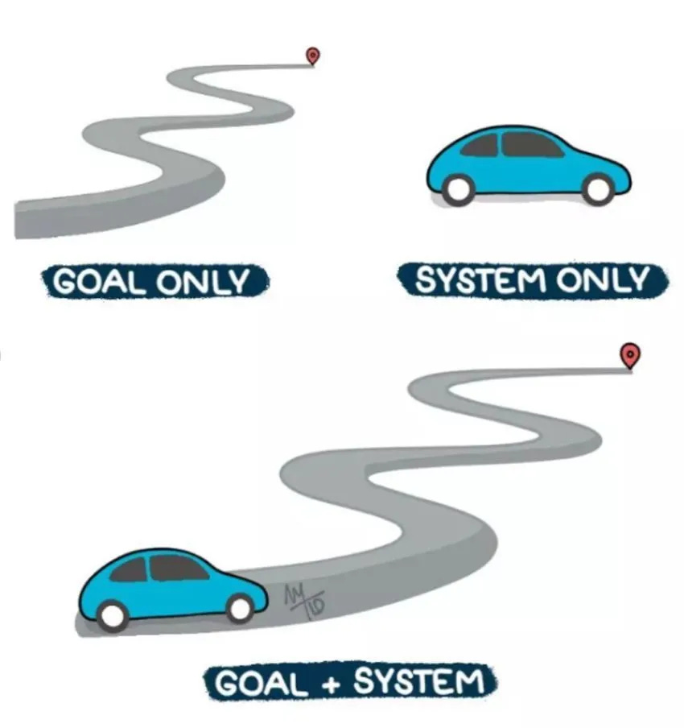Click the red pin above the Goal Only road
click(x=312, y=56)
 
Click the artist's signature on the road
click(x=307, y=598)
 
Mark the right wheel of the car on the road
click(x=241, y=608)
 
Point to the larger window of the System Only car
click(x=529, y=145)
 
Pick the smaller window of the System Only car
click(x=480, y=146)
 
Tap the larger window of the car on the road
click(x=179, y=568)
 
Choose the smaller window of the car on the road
click(x=129, y=570)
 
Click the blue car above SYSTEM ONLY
click(x=527, y=165)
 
